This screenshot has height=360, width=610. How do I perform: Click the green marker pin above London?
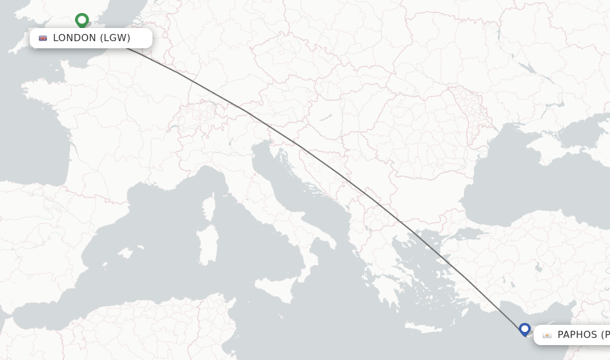pos(82,20)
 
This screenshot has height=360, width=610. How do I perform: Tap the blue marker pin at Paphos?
pos(525,328)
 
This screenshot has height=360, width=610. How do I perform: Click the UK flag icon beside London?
pos(43,38)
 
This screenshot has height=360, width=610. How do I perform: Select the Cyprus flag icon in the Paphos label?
pos(547,335)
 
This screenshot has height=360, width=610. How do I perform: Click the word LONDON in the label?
pos(74,38)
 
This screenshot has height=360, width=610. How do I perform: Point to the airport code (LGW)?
pos(115,38)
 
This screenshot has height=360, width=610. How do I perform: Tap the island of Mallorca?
pos(125,253)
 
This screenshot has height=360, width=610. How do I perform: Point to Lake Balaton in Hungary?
pos(326,117)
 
